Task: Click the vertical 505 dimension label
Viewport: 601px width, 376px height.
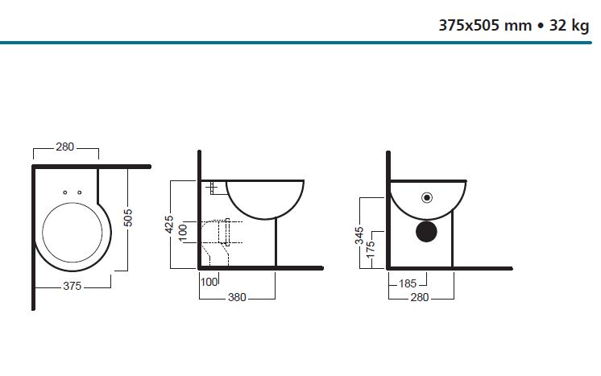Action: click(x=128, y=217)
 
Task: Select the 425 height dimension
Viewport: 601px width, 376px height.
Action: click(x=169, y=225)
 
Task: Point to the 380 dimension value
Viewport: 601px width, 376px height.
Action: click(x=237, y=297)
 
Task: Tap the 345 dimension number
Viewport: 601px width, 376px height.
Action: click(x=359, y=235)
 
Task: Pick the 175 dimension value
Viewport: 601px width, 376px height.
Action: click(x=371, y=250)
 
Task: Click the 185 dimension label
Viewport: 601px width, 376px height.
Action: click(x=407, y=283)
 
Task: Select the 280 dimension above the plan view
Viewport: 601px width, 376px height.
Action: click(x=64, y=147)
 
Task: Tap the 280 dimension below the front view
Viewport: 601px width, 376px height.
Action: click(x=419, y=297)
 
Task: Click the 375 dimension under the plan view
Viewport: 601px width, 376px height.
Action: click(x=72, y=286)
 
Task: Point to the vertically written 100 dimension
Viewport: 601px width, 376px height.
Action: click(x=183, y=233)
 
